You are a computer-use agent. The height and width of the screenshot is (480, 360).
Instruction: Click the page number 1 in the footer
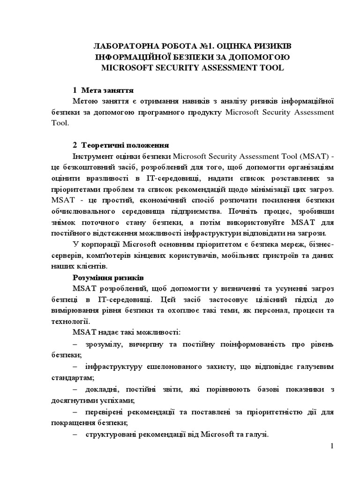332,447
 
